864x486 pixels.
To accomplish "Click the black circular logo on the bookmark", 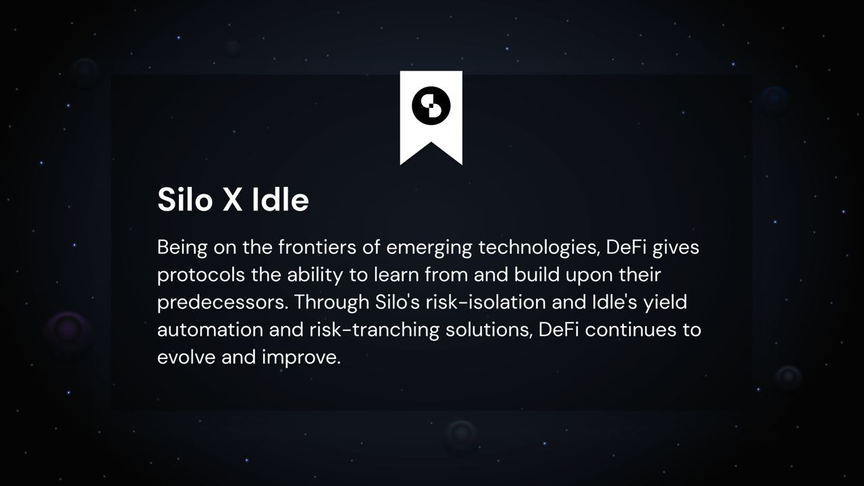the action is (x=431, y=106).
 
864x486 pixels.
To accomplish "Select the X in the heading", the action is (x=233, y=200).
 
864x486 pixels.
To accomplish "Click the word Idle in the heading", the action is (x=280, y=199).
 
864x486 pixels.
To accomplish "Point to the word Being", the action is (x=182, y=248).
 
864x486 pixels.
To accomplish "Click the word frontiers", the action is (x=317, y=247).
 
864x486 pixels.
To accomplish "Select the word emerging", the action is (x=429, y=248).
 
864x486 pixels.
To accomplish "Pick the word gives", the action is (x=676, y=248).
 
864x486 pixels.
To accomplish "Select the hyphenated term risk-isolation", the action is (x=485, y=302).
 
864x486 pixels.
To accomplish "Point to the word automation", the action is (x=210, y=330).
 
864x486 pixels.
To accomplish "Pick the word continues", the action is (x=630, y=330).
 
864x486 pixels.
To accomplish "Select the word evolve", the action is (x=186, y=357).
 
